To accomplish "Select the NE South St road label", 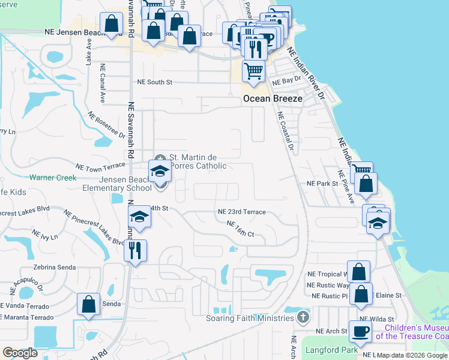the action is (x=155, y=82).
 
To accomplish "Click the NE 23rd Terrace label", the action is (x=241, y=212).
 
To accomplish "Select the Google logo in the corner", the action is (x=20, y=353).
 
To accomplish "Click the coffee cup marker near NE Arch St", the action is (x=361, y=331).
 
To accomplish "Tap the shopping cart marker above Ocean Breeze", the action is (x=254, y=71).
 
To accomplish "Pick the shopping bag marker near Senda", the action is (x=88, y=304).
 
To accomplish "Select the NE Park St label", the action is (x=322, y=183).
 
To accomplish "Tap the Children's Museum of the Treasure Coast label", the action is (x=415, y=332).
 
